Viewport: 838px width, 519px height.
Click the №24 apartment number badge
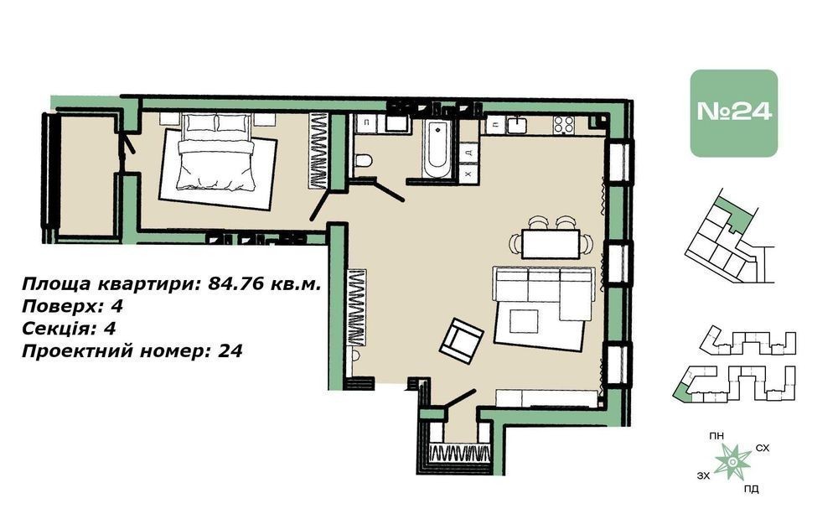(x=733, y=113)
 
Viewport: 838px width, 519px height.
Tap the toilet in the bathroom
(x=364, y=160)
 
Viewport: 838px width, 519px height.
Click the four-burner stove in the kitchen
(x=564, y=125)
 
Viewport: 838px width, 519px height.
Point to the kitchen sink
(x=518, y=125)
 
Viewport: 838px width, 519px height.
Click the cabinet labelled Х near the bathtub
(x=468, y=174)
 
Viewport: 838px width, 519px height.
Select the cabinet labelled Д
(x=468, y=153)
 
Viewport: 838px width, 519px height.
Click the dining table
(x=551, y=244)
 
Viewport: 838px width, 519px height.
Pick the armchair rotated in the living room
(x=461, y=340)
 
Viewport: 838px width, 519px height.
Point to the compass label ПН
(x=716, y=436)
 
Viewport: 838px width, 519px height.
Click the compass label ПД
(x=751, y=489)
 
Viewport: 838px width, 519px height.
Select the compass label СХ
(x=763, y=448)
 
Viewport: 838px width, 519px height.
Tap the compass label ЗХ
(x=704, y=475)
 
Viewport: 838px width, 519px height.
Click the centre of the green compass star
(x=732, y=460)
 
